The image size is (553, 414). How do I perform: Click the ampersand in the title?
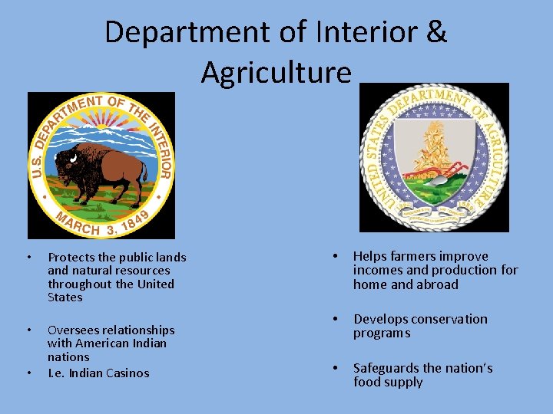(x=434, y=32)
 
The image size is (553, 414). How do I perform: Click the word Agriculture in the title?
(x=276, y=72)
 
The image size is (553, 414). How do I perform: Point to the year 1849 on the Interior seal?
(x=137, y=219)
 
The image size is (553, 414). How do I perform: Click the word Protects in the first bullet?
(x=71, y=258)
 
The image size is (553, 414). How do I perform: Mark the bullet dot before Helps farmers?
(x=335, y=256)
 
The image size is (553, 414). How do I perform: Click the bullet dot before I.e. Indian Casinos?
(x=28, y=373)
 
